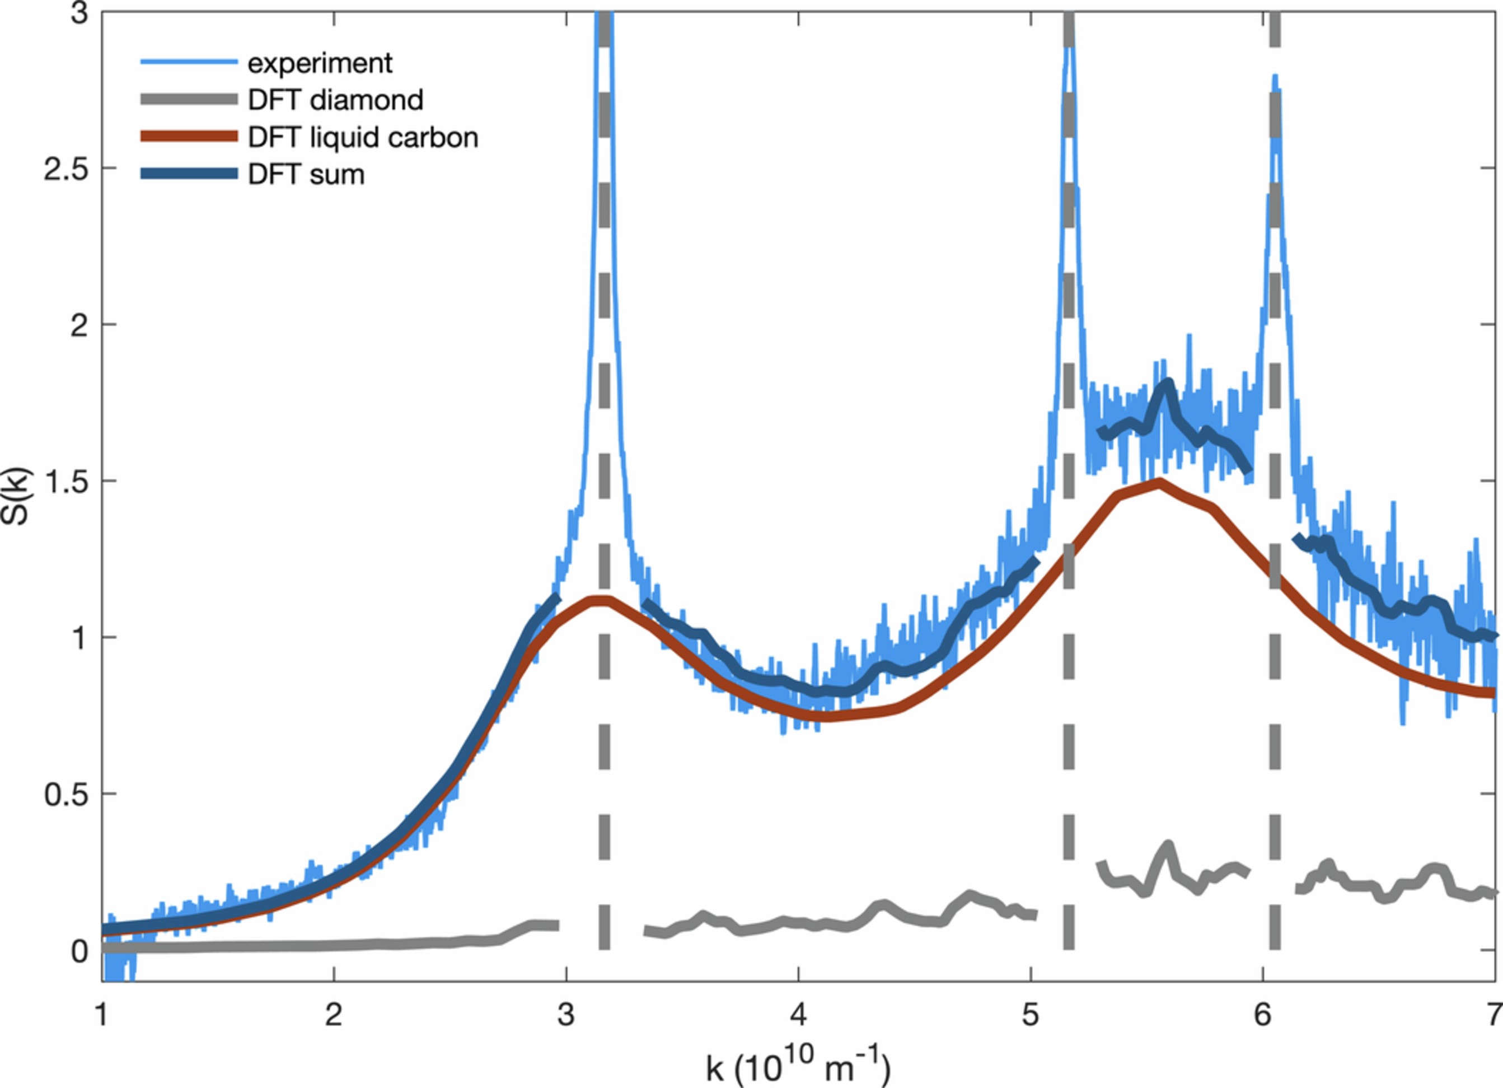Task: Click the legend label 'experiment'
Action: (x=320, y=63)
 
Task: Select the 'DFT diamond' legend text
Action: (x=335, y=100)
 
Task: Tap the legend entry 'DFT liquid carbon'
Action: (x=363, y=137)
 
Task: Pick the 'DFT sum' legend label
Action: (x=306, y=174)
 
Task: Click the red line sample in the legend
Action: (x=189, y=137)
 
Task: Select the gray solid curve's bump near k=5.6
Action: (x=1167, y=846)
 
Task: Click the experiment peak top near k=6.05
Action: (x=1275, y=78)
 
